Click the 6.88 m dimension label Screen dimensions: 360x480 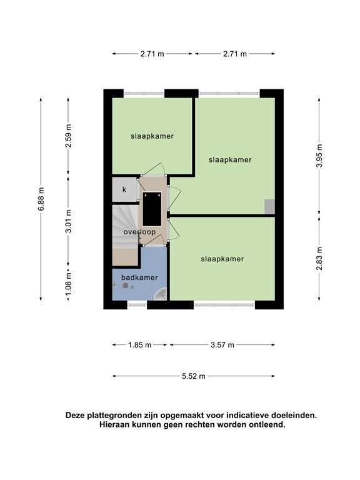(41, 199)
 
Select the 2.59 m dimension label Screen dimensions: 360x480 (68, 136)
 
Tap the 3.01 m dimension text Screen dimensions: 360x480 (68, 221)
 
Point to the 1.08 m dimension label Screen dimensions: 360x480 (68, 284)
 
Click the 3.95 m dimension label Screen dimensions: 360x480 (319, 156)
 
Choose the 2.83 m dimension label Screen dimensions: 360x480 (319, 259)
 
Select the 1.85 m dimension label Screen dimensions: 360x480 (140, 345)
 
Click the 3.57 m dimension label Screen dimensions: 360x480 (222, 345)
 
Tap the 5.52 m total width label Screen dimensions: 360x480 (194, 376)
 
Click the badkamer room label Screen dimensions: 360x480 (139, 277)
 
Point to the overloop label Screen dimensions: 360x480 (139, 232)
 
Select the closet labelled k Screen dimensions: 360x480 (124, 190)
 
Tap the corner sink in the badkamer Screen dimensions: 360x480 (161, 294)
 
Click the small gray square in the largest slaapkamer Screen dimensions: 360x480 (270, 206)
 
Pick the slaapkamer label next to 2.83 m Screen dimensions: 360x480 (222, 259)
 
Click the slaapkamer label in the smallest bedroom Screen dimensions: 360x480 (152, 136)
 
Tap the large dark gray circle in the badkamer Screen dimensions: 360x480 (125, 286)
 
